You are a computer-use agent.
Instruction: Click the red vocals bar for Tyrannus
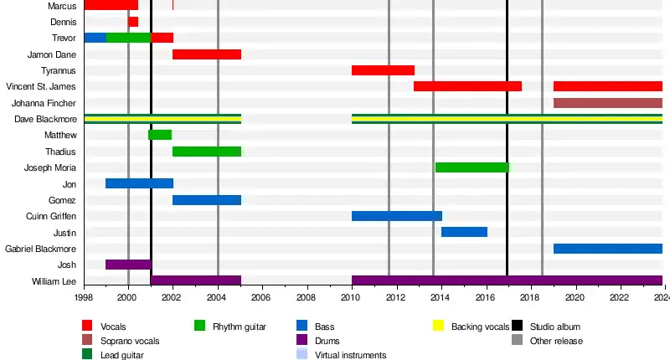[383, 70]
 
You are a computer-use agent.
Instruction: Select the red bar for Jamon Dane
[207, 54]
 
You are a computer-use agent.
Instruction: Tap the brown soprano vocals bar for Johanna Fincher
[607, 103]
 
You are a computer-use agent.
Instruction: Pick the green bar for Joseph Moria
[472, 167]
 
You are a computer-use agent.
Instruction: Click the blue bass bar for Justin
[464, 232]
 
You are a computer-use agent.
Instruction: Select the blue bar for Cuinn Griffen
[396, 216]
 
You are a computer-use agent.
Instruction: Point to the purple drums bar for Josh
[128, 265]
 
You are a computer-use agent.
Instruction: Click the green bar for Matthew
[160, 135]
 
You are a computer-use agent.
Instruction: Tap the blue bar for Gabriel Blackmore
[607, 249]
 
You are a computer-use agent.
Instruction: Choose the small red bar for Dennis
[133, 22]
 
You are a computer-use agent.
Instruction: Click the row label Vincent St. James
[41, 86]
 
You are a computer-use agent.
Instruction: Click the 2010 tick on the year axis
[352, 297]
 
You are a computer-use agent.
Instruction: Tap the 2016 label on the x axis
[486, 297]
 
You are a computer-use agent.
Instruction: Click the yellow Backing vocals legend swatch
[437, 326]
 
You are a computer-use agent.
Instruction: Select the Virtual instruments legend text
[350, 355]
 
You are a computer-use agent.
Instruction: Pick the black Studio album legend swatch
[517, 326]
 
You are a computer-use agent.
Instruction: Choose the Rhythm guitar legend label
[240, 326]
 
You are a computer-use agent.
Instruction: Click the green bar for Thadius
[207, 152]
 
